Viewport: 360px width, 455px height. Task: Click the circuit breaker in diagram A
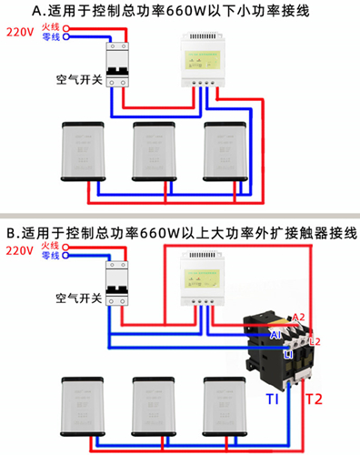118,64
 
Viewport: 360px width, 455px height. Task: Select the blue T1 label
273,400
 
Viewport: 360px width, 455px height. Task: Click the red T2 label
313,399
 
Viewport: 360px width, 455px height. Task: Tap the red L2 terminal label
315,341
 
